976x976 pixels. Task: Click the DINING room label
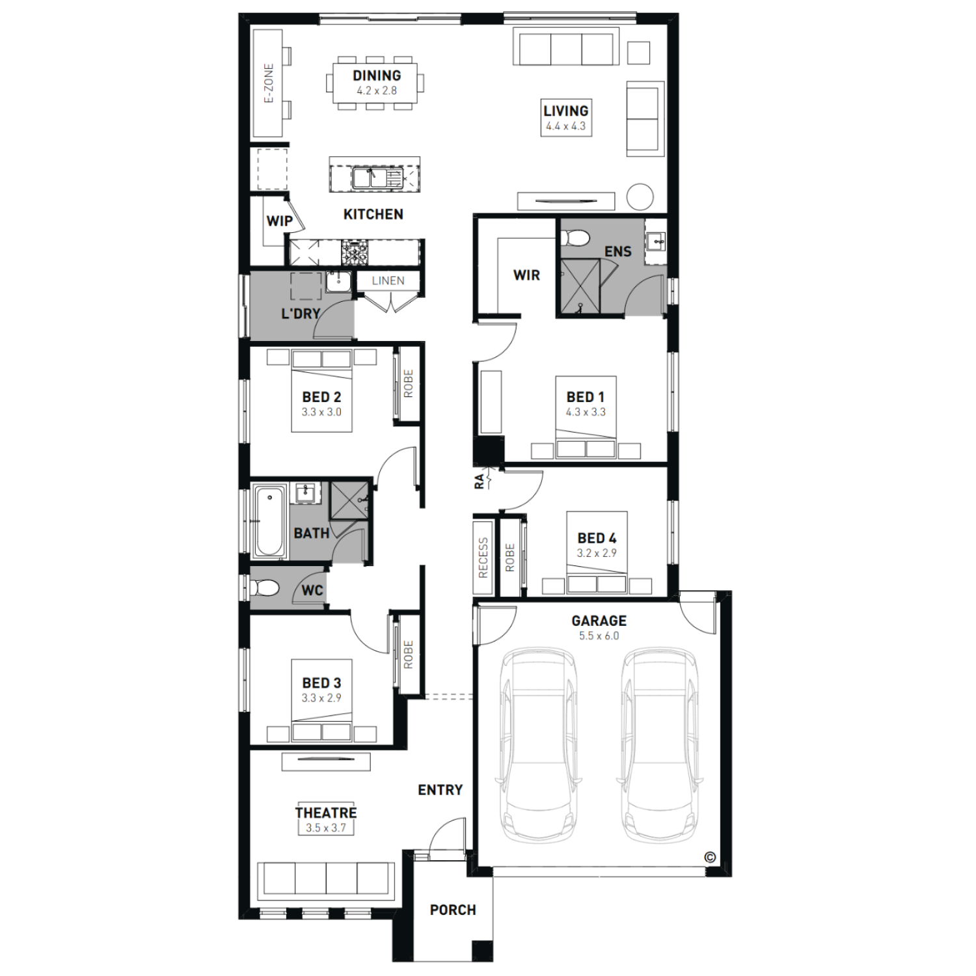377,75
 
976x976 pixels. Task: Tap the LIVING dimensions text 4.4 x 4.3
565,126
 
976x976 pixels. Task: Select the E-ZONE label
269,84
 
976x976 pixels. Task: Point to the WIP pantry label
279,221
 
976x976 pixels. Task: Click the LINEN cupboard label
388,280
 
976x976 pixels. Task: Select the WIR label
526,275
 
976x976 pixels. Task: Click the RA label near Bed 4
480,481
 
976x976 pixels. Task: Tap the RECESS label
483,558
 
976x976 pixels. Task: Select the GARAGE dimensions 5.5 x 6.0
599,636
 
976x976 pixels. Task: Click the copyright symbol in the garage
710,857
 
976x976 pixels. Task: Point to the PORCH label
453,910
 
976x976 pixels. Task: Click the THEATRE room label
326,813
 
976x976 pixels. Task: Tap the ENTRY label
441,790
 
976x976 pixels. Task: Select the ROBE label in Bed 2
408,384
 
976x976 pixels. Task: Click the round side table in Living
640,197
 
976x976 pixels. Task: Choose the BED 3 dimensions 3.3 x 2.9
321,698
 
